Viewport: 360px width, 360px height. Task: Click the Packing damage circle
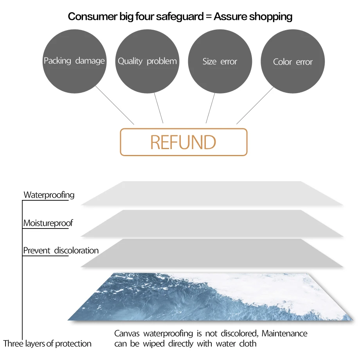coord(74,61)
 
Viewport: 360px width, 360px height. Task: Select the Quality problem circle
coord(147,61)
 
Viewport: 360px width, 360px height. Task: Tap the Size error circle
coord(220,61)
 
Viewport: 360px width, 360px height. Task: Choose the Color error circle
coord(293,62)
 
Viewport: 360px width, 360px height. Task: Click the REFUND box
coord(184,142)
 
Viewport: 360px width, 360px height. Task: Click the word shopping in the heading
coord(271,16)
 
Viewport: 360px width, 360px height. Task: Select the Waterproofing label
coord(49,194)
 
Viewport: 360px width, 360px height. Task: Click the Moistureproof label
coord(48,223)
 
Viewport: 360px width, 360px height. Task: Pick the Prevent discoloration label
coord(61,250)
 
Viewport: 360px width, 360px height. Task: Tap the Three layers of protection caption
coord(47,344)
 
